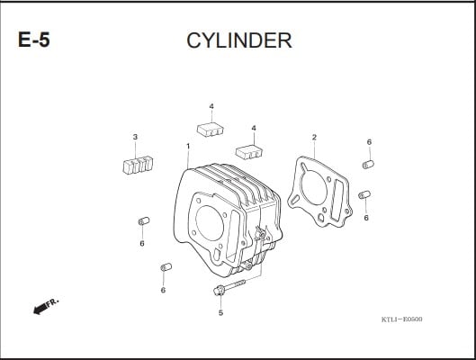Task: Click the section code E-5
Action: pos(33,40)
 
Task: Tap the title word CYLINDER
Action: pos(239,40)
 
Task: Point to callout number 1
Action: pos(188,147)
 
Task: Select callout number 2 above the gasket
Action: pos(314,137)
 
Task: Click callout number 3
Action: pos(135,137)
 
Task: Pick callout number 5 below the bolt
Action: pos(220,312)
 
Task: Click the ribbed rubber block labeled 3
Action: pos(138,165)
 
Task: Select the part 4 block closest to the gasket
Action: pos(249,152)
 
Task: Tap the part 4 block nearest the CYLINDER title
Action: pos(211,130)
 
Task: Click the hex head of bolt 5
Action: pos(219,291)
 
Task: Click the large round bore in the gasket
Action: pos(313,187)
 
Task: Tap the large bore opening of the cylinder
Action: pos(210,223)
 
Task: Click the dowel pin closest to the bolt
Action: pos(166,267)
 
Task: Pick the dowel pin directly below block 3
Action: pos(144,221)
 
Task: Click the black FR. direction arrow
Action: pos(40,308)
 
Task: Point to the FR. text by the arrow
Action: pos(52,301)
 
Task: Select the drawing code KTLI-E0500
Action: pos(401,319)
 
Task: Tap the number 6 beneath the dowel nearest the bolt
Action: pos(163,290)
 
